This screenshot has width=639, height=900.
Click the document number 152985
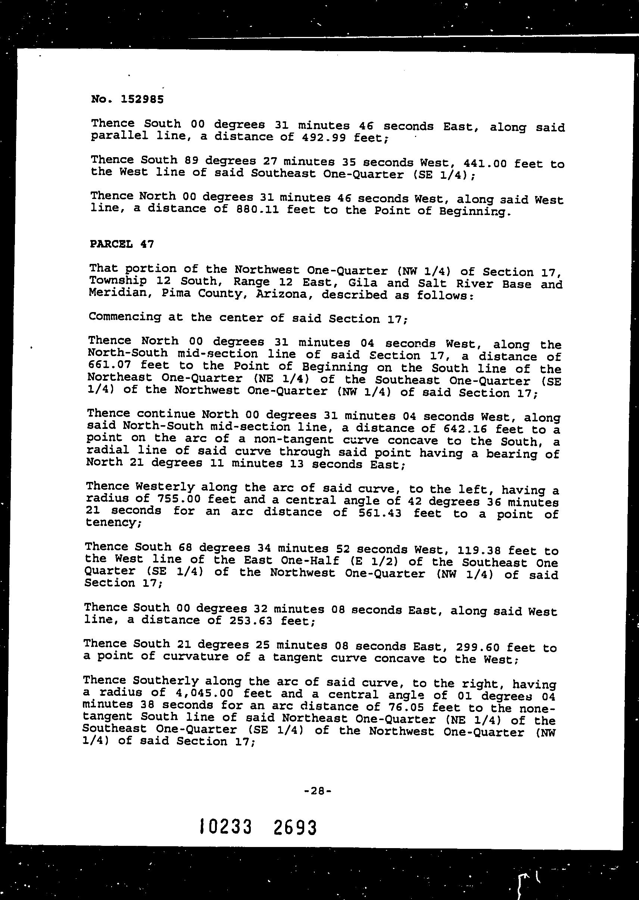(x=142, y=99)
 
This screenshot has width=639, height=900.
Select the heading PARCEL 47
(x=122, y=244)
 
